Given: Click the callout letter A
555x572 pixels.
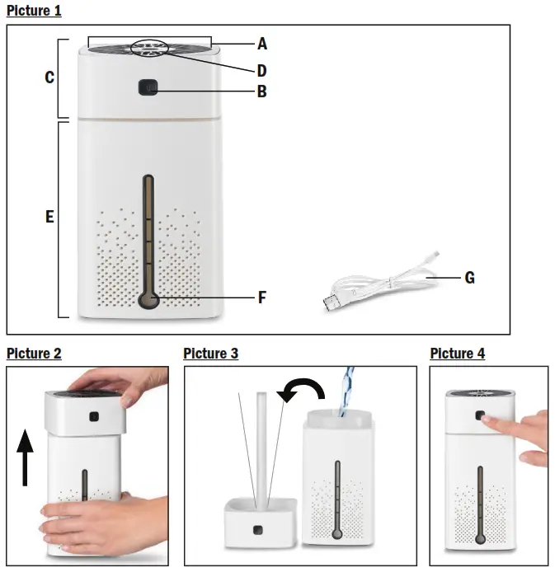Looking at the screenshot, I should coord(261,43).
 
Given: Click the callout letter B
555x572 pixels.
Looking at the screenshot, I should coord(261,91).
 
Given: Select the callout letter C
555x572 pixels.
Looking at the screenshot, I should coord(49,77).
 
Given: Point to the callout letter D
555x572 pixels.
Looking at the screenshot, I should coord(261,71).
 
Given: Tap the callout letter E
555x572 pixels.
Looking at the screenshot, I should coord(49,218).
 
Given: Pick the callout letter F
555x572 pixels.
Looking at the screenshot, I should coord(261,297).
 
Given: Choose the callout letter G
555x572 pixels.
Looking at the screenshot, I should coord(469,279).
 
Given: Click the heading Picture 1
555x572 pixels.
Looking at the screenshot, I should coord(34,12).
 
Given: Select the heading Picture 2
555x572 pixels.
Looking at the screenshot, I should coord(34,354).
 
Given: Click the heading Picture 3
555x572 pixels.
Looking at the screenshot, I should coord(210,354).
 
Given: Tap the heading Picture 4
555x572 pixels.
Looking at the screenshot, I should coord(457,354).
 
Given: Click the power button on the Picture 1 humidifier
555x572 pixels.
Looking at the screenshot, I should coord(148,87).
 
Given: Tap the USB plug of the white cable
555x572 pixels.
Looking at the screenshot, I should coord(332,302).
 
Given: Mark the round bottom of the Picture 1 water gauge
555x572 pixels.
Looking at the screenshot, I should coord(148,301).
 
